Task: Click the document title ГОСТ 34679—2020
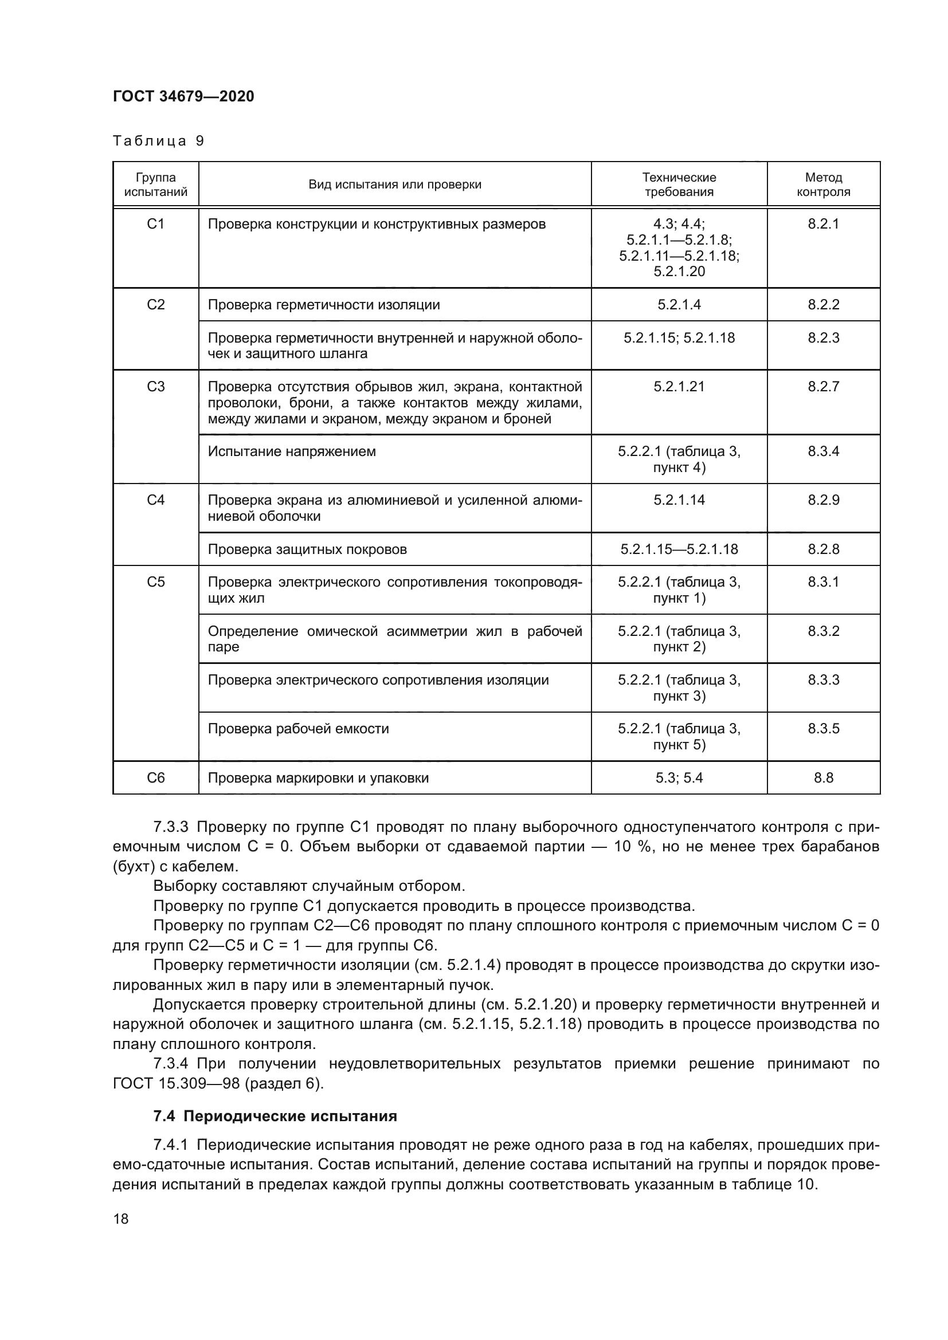point(183,97)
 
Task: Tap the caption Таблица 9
point(158,142)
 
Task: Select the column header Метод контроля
point(823,184)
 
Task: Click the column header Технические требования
point(679,184)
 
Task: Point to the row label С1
point(156,224)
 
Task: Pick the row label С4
point(156,500)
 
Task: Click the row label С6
point(156,778)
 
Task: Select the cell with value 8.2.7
point(823,387)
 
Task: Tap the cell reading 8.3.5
point(823,729)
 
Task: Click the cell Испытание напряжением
point(292,451)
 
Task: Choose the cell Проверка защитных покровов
point(307,550)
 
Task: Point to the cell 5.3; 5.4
point(679,778)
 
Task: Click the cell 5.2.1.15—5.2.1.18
point(679,550)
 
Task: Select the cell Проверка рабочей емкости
point(298,729)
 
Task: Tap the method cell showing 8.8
point(823,778)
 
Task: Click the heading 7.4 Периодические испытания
point(275,1117)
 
